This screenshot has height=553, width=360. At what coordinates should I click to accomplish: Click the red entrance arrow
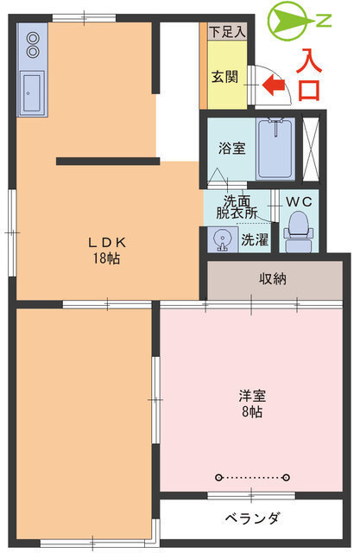point(274,85)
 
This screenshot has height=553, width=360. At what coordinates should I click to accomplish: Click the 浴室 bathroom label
point(231,148)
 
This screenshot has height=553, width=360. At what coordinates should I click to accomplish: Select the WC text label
point(299,201)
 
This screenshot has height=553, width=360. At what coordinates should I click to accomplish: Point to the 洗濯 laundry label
point(254,240)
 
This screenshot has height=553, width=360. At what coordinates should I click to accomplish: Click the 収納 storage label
point(274,278)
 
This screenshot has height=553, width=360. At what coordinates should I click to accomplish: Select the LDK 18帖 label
point(107,251)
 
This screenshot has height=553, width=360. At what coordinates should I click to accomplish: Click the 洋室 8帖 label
point(252,404)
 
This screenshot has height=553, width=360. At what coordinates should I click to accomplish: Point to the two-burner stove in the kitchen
point(33,44)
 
